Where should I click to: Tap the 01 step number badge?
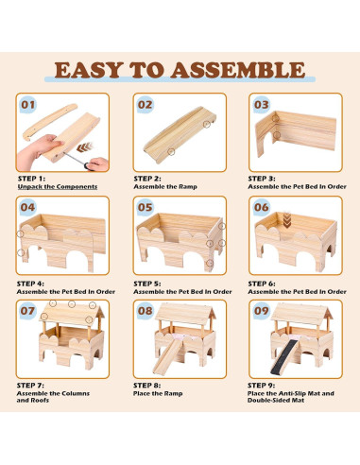coord(29,105)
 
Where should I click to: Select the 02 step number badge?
coord(145,105)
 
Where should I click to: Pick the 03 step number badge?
coord(261,105)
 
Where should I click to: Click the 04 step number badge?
coord(29,207)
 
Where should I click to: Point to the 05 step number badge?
coord(145,207)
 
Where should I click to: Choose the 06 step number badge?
coord(261,207)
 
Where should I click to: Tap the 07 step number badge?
coord(29,310)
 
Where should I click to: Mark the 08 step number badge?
coord(145,310)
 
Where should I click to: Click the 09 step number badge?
coord(261,310)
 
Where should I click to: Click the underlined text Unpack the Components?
coord(56,186)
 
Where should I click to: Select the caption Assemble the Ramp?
coord(166,186)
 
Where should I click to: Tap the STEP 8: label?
coord(151,386)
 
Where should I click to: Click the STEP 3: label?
coord(267,178)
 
